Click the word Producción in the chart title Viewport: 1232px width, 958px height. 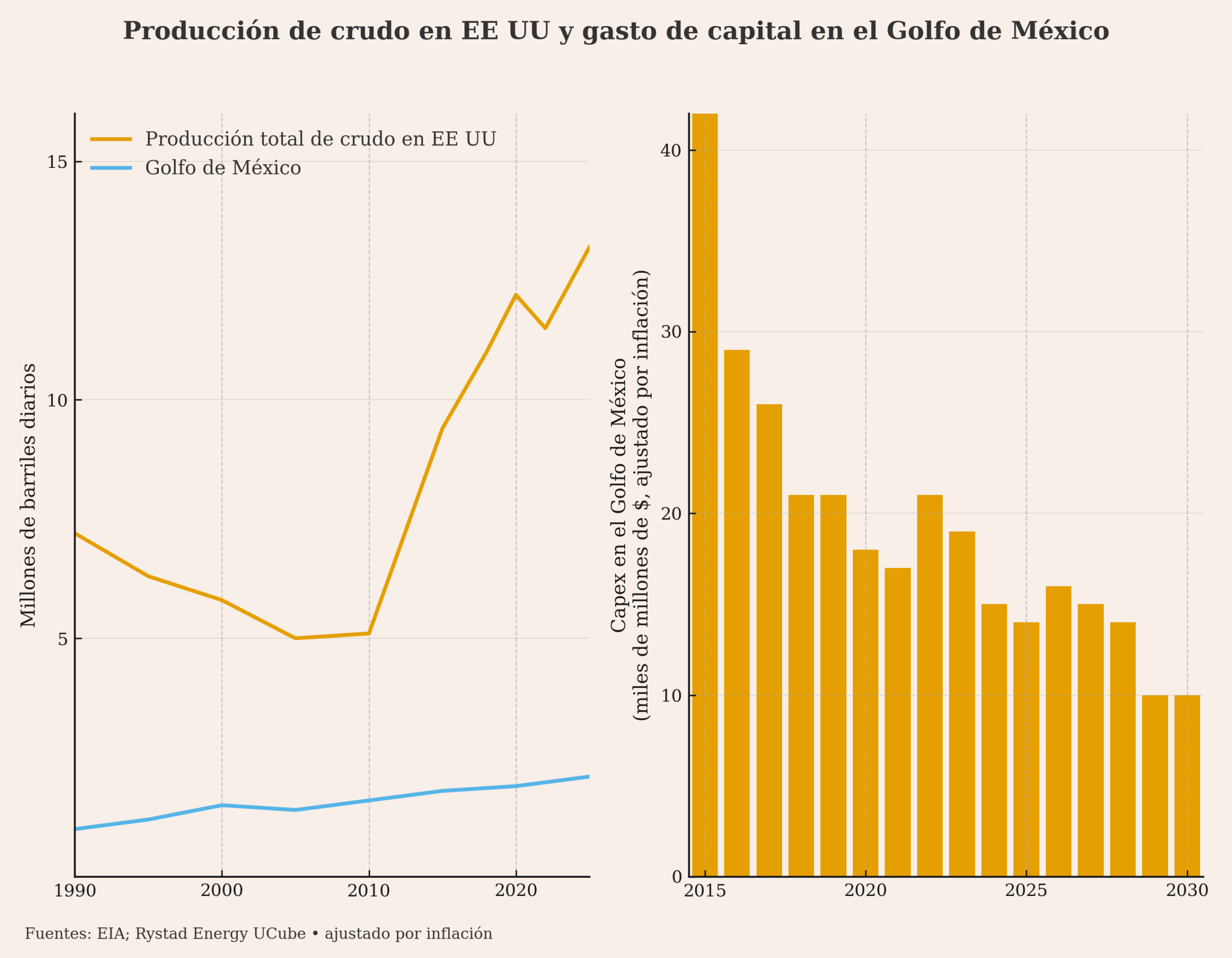click(201, 31)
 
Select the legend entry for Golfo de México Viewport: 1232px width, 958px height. click(223, 168)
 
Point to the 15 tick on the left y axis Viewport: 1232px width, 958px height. click(57, 162)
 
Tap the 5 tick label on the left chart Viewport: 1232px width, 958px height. click(62, 639)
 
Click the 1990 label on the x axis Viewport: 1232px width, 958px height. click(75, 891)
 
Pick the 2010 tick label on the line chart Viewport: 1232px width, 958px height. click(369, 891)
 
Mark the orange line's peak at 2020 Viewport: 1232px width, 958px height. click(515, 295)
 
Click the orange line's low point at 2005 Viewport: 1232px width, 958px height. click(295, 639)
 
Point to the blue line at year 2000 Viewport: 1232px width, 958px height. click(222, 805)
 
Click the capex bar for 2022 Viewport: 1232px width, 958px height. click(930, 685)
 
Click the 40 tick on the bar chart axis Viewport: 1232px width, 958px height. click(671, 151)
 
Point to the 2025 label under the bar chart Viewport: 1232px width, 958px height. click(1026, 891)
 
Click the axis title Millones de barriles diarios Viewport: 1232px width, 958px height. click(29, 496)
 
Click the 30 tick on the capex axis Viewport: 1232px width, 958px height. click(671, 332)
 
